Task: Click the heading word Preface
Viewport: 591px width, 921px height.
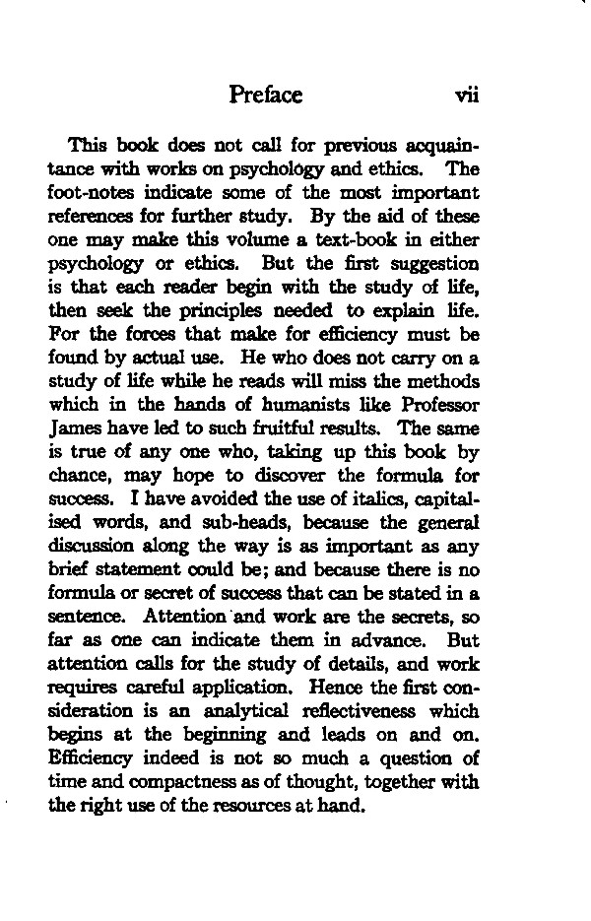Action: point(265,95)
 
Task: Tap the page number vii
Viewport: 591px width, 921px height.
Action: point(465,96)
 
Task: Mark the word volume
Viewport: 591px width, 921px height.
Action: point(229,238)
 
